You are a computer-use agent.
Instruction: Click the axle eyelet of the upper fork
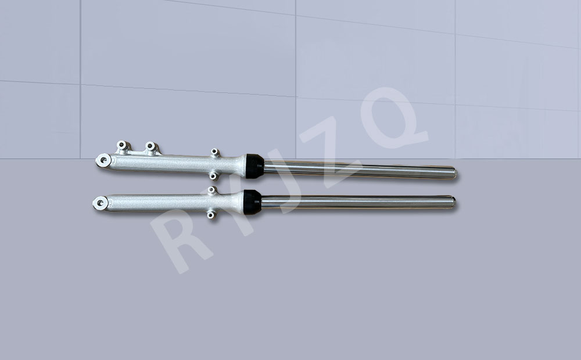103,160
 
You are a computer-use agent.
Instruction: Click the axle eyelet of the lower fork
100,203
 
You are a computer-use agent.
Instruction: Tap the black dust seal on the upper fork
254,166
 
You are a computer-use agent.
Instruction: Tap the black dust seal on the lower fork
252,202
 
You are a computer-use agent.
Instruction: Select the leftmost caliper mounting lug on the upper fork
122,146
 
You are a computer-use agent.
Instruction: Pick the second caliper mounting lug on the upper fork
151,147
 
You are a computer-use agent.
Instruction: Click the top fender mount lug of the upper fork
215,152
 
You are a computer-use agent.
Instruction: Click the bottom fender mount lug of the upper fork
213,176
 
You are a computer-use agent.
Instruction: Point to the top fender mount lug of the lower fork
211,190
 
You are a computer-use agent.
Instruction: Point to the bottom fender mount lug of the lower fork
210,214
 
